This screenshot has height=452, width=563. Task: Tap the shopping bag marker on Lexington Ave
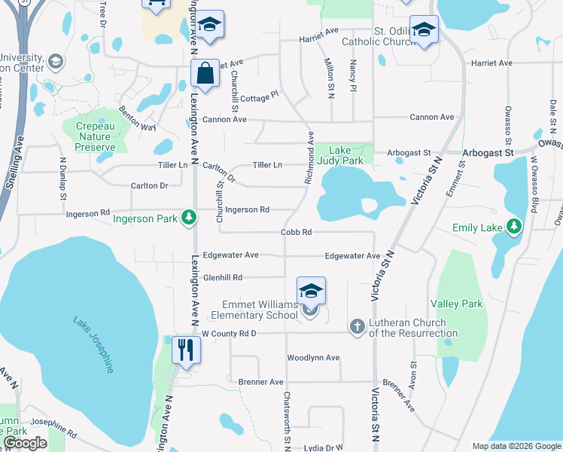[x=205, y=73]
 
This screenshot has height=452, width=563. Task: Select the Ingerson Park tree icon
[x=188, y=218]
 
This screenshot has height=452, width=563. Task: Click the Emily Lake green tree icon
[x=514, y=226]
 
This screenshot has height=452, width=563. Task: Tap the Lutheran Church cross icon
[x=357, y=326]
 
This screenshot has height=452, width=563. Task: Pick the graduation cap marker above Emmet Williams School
[x=311, y=290]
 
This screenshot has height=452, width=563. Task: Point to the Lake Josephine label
[x=94, y=344]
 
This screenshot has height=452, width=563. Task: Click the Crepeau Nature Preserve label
[x=95, y=136]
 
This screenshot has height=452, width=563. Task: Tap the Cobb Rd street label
[x=296, y=233]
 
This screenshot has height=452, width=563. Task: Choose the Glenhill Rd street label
[x=221, y=277]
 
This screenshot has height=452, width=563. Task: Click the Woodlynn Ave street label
[x=313, y=357]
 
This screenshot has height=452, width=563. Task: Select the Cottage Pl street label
[x=260, y=95]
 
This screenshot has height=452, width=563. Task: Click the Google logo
[x=25, y=443]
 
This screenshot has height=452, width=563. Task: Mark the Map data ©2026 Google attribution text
[x=516, y=446]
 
